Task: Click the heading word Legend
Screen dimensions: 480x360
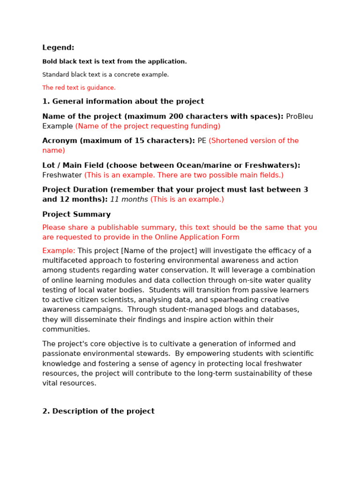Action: (x=58, y=48)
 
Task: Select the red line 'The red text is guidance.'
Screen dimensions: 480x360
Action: (x=79, y=88)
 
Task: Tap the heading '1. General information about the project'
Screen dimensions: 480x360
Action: (x=123, y=101)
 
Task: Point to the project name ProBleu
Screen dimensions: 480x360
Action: (x=300, y=116)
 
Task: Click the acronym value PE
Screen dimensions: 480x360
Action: (x=202, y=141)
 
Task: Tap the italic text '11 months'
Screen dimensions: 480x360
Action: (x=129, y=199)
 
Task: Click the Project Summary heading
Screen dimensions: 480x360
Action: (x=76, y=214)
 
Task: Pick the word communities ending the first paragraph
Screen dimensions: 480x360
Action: (x=66, y=330)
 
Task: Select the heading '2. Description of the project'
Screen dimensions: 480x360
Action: (x=98, y=411)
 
